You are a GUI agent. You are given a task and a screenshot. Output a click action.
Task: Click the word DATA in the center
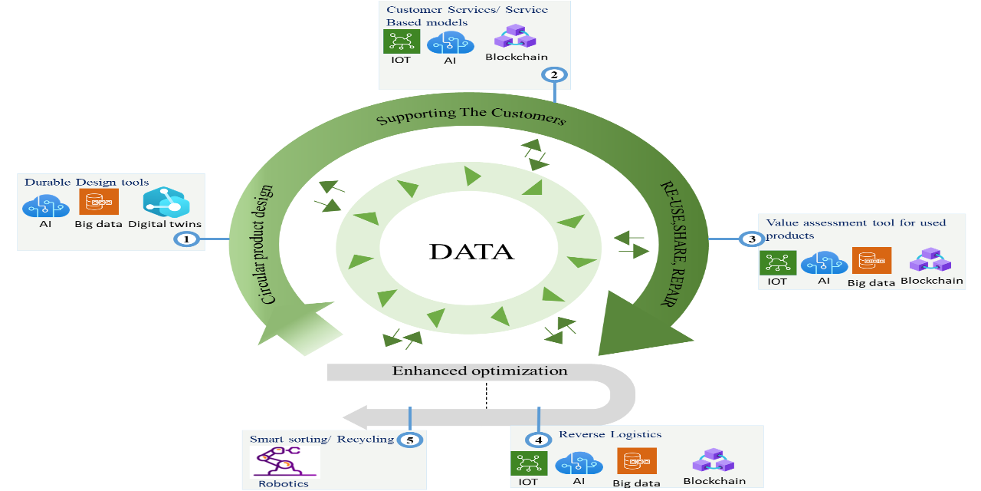click(x=471, y=252)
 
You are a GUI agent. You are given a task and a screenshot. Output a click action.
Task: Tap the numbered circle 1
click(x=186, y=239)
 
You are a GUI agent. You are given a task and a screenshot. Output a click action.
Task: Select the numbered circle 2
click(x=554, y=74)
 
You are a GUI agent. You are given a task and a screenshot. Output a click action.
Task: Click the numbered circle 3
click(x=752, y=239)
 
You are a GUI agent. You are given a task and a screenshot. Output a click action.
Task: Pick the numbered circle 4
click(x=539, y=440)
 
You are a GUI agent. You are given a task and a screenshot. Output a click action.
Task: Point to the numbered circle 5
click(x=410, y=440)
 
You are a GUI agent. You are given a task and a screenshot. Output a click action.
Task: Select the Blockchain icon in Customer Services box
click(x=508, y=37)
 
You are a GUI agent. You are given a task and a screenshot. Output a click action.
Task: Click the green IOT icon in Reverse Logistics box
click(x=528, y=463)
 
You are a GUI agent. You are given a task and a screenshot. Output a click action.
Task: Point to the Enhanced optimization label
click(x=480, y=371)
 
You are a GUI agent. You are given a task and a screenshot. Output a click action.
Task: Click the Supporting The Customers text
click(x=471, y=117)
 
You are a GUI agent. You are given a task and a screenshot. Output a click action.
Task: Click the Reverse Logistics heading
click(x=610, y=434)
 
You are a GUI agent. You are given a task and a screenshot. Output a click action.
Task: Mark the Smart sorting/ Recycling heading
click(x=321, y=439)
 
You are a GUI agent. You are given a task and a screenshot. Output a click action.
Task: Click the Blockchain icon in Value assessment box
click(x=930, y=260)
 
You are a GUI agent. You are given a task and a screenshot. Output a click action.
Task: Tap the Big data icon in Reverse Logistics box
click(x=636, y=461)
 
